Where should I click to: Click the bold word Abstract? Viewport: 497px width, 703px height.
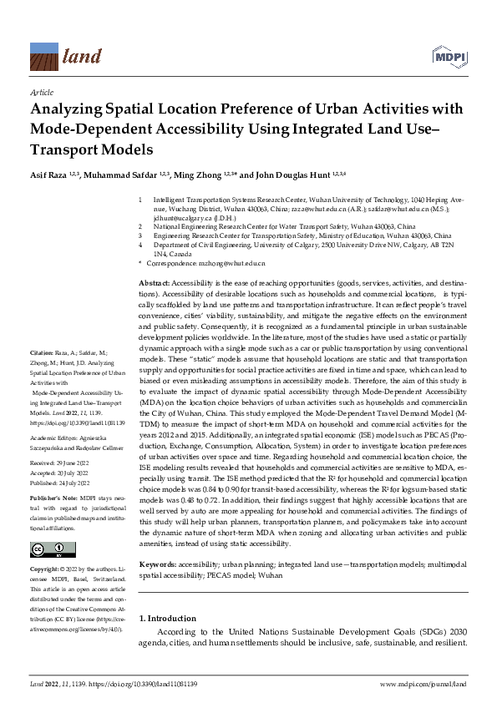click(154, 286)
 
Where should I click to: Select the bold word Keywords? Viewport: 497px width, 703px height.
click(157, 563)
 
